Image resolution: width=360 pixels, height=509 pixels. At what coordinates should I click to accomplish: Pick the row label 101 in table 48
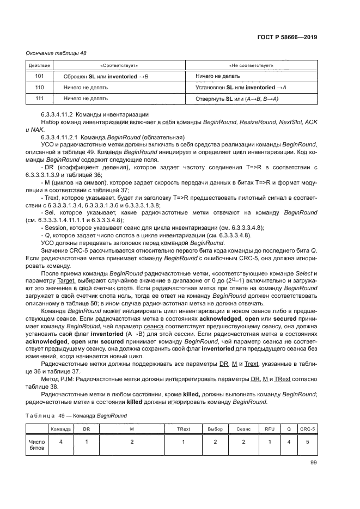(39, 77)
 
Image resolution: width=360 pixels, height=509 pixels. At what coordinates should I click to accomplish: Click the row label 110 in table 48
(39, 87)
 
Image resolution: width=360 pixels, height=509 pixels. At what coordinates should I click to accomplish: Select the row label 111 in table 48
(39, 98)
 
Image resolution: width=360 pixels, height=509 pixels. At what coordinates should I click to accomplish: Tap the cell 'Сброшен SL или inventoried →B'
(106, 77)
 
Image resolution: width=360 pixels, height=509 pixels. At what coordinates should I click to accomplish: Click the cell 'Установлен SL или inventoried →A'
(241, 87)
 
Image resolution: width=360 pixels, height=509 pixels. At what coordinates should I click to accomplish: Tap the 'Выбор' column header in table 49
(215, 430)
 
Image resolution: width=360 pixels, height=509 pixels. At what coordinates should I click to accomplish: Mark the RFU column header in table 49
(270, 430)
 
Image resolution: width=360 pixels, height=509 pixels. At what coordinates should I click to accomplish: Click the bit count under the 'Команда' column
(62, 443)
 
